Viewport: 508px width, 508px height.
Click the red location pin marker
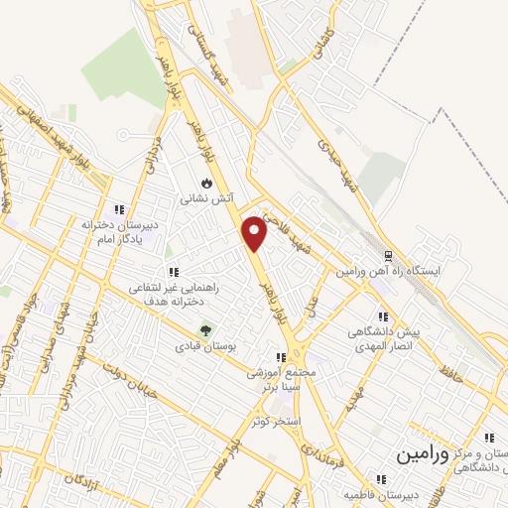coord(255,232)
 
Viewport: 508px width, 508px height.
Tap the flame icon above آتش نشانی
coord(205,183)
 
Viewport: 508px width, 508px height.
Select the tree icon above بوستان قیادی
coord(206,329)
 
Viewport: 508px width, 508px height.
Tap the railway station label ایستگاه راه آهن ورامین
coord(400,271)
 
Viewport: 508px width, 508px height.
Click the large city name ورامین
coord(423,454)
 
